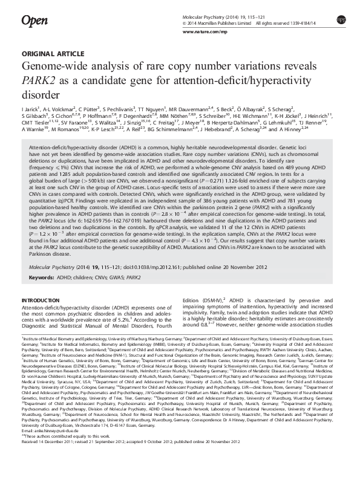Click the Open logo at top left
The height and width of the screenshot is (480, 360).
point(34,22)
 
